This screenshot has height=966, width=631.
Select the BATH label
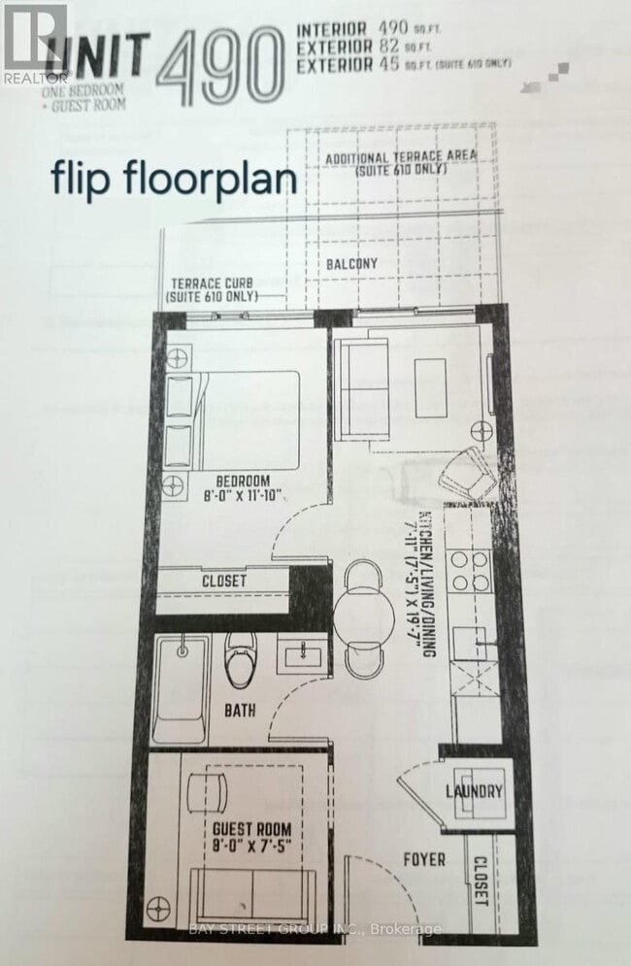coord(239,711)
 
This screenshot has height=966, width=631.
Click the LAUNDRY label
coord(475,791)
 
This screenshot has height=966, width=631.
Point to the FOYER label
coord(423,859)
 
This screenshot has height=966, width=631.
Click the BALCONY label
coord(351,263)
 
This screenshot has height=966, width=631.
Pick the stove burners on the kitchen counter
coord(468,571)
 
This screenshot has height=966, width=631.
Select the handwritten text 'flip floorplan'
coord(175,181)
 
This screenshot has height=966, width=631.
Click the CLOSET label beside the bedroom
coord(224,582)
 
